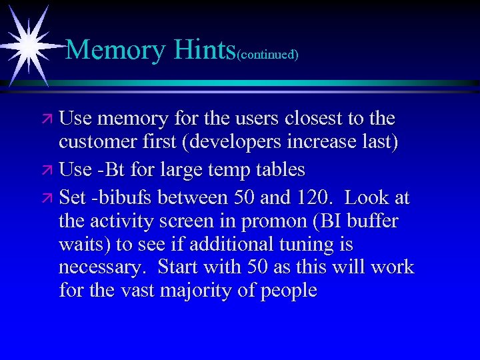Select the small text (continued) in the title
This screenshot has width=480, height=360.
click(267, 54)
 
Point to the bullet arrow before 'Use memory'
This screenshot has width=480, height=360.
click(47, 119)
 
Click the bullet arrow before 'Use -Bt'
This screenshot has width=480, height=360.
click(47, 171)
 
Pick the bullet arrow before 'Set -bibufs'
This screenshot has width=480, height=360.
click(47, 199)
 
